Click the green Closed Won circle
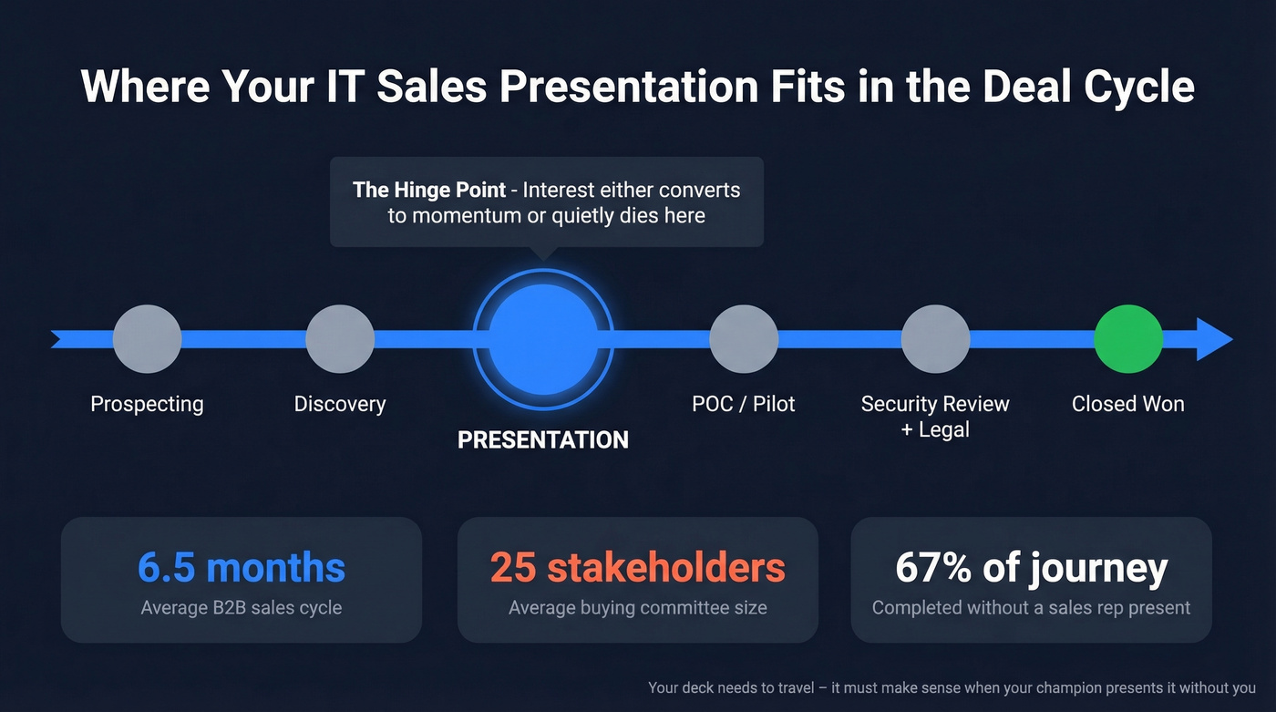[1127, 339]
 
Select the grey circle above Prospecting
[147, 339]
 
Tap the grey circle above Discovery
[340, 339]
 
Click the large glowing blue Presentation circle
[543, 339]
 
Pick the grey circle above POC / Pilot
[744, 339]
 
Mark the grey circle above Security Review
[935, 339]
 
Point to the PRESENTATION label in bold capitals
[543, 440]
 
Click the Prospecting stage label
[147, 404]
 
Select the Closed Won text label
[1127, 404]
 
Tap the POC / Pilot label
[744, 404]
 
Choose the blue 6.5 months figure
[242, 568]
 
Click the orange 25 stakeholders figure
[637, 568]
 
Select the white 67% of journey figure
[1031, 568]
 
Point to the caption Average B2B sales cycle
[242, 607]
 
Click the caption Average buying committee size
[637, 607]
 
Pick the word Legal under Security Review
[944, 429]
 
